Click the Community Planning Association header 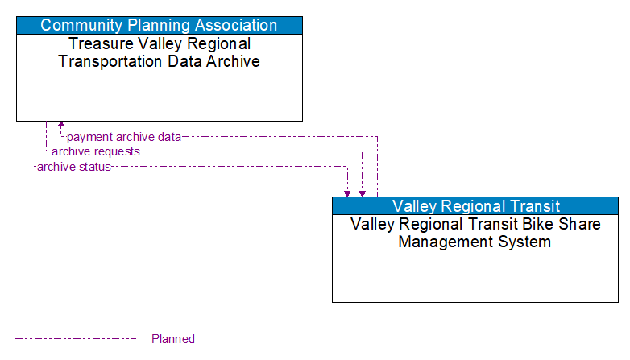(x=159, y=25)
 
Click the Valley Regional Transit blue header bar (x=475, y=206)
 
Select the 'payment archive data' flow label (x=123, y=137)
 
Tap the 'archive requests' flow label (x=95, y=151)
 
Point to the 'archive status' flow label (x=73, y=167)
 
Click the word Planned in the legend (x=173, y=339)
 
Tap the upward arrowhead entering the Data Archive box (x=61, y=126)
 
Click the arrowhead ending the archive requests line (x=363, y=192)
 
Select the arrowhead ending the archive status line (x=347, y=192)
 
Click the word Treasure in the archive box (x=99, y=43)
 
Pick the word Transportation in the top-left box (x=107, y=61)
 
